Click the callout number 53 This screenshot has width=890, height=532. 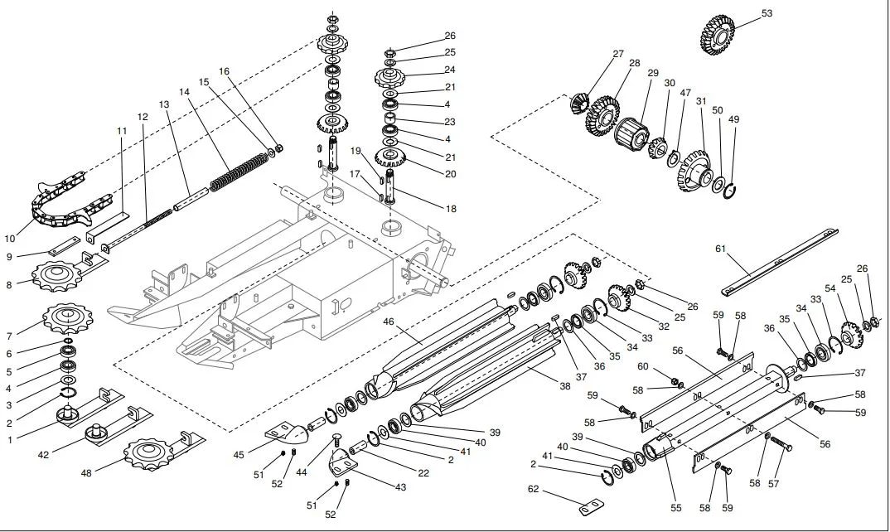767,13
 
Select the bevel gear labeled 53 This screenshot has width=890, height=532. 718,35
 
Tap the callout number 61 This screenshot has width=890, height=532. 720,249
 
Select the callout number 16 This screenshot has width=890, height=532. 225,71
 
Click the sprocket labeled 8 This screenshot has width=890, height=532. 56,276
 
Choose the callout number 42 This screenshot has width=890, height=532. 43,455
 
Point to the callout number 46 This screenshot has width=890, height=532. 389,322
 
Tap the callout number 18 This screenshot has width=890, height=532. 451,209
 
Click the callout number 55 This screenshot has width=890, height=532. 675,508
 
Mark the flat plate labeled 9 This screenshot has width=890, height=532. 64,245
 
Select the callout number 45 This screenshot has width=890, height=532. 239,455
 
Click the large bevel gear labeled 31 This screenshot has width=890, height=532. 694,171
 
